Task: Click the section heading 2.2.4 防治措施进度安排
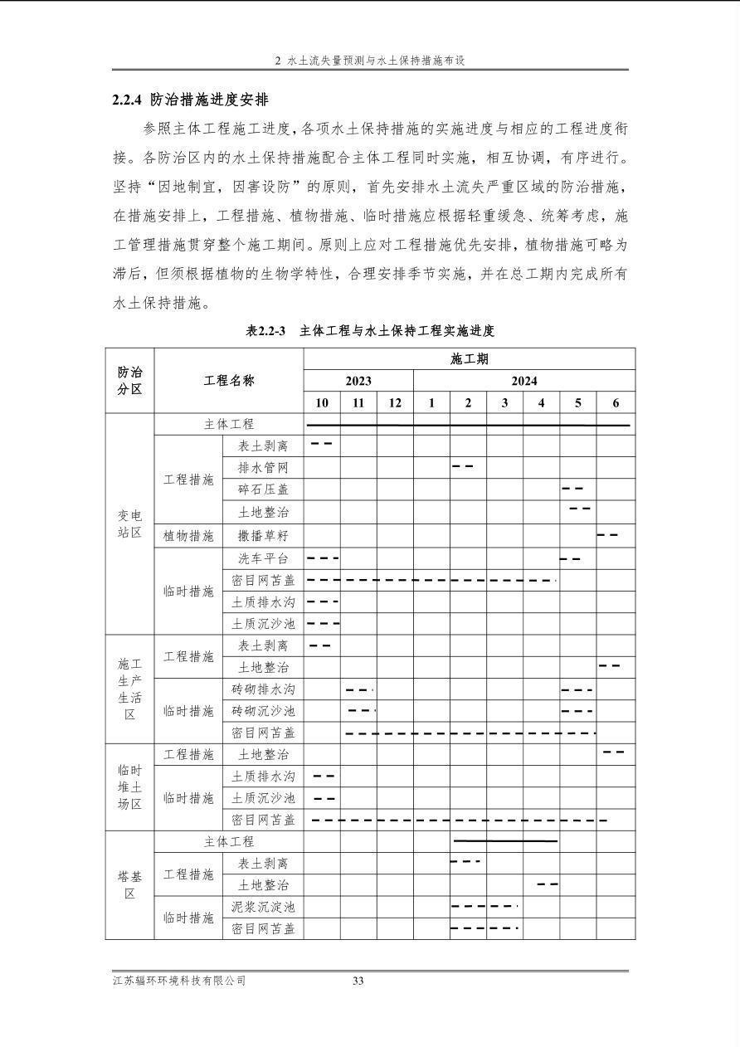point(190,100)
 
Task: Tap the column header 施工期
point(469,359)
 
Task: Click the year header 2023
point(358,381)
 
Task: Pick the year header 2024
point(523,381)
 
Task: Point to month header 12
point(395,403)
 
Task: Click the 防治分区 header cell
point(129,380)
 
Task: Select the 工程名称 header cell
point(229,380)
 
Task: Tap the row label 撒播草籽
point(263,536)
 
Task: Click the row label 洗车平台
point(263,558)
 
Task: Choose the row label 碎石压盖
point(263,490)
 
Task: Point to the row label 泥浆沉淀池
point(263,907)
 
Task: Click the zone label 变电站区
point(129,523)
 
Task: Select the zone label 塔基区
point(129,885)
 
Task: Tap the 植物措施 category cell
point(188,536)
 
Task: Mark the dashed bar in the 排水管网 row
point(463,466)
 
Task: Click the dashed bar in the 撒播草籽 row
point(607,534)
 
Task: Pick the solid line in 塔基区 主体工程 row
point(504,840)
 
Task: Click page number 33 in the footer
point(358,981)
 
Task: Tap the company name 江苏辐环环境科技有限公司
point(179,981)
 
